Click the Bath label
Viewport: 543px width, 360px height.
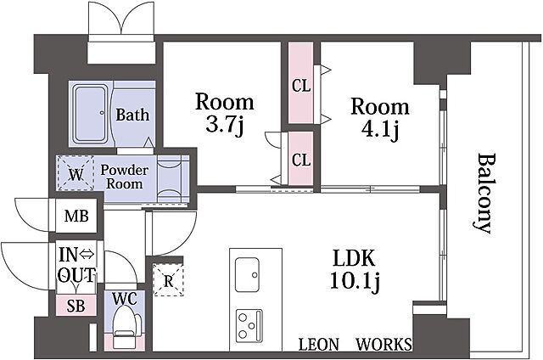132,115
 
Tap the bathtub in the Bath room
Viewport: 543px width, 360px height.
91,115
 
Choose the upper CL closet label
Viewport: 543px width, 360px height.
301,86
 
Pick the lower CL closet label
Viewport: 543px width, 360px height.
301,160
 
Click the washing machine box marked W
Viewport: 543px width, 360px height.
76,173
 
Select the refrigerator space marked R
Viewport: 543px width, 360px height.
168,280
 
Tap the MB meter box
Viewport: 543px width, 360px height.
76,216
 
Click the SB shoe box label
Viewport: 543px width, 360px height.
76,306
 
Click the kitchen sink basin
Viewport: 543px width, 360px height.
247,275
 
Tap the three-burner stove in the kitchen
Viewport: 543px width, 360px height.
249,325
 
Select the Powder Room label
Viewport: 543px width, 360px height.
124,177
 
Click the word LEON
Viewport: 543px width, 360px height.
319,345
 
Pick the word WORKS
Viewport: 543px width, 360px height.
384,345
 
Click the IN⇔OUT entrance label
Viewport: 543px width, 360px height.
76,266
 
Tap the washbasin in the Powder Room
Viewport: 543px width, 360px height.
170,178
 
